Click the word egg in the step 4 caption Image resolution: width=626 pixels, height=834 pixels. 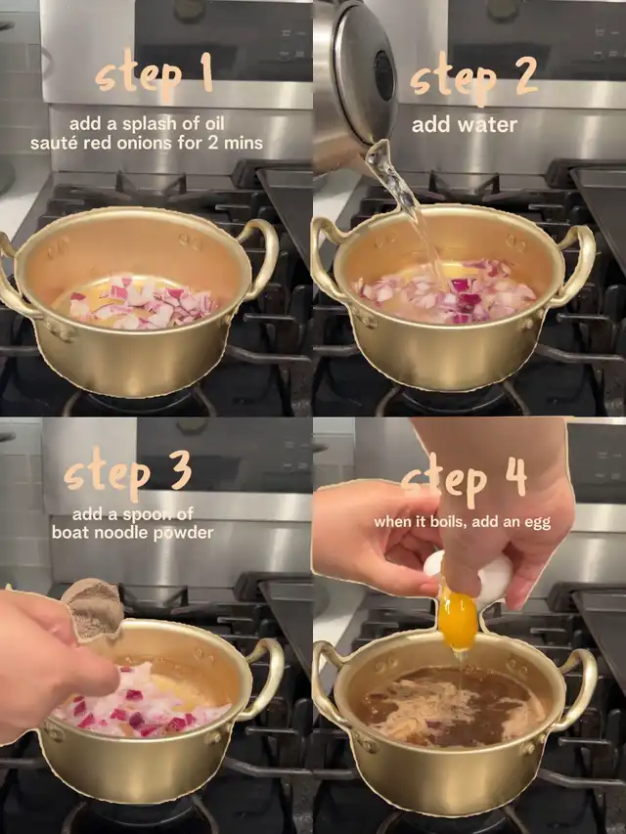537,523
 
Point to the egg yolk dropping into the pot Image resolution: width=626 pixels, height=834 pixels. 457,620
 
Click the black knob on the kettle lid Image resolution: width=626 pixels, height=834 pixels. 384,75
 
